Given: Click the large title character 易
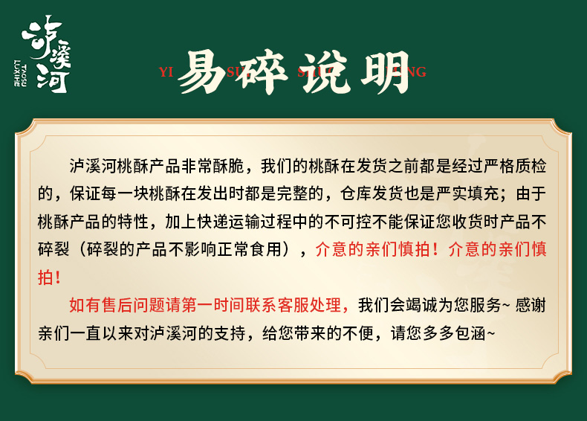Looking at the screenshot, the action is pyautogui.click(x=202, y=71).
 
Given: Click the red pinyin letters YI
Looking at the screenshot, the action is pyautogui.click(x=166, y=71).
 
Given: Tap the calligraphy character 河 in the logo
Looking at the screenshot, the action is pyautogui.click(x=53, y=80).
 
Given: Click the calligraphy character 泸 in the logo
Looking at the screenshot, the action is pyautogui.click(x=40, y=36).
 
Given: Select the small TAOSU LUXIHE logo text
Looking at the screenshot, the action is pyautogui.click(x=20, y=73).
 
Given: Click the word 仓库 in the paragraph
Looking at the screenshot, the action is pyautogui.click(x=356, y=194).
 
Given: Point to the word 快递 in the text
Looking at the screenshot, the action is pyautogui.click(x=213, y=222).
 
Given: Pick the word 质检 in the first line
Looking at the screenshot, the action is pyautogui.click(x=531, y=166).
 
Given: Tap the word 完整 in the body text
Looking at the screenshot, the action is pyautogui.click(x=292, y=194).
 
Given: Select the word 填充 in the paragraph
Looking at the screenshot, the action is pyautogui.click(x=483, y=194).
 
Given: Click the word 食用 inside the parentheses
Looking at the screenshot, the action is pyautogui.click(x=266, y=249).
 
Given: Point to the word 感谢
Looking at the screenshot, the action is pyautogui.click(x=531, y=305).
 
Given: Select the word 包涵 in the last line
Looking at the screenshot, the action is pyautogui.click(x=470, y=333).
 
